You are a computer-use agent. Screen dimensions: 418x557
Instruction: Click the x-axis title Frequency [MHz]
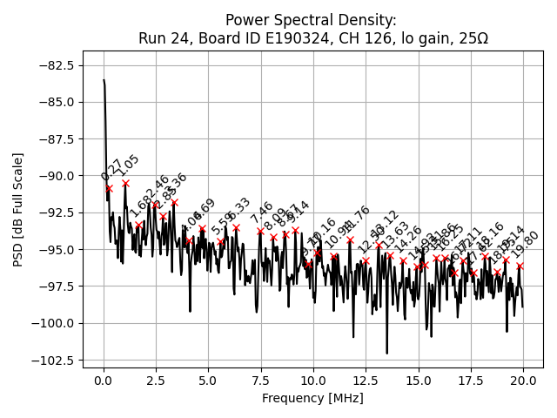coord(312,398)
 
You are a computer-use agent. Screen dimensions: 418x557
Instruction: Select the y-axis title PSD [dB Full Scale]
coord(18,209)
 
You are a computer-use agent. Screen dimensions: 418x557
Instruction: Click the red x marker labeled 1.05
coord(125,183)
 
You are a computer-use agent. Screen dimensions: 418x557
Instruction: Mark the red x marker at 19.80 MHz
coord(520,266)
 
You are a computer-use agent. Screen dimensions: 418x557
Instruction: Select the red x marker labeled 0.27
coord(109,188)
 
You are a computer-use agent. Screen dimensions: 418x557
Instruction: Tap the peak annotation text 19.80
coord(527,244)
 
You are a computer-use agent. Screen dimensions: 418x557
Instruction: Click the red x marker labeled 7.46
coord(260,231)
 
